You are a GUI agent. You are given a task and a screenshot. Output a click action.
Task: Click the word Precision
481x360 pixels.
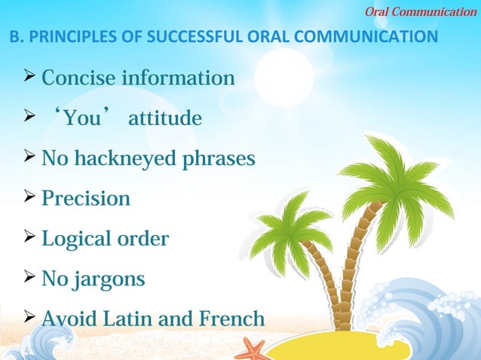[85, 199]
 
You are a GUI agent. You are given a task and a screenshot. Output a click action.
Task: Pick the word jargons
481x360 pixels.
[110, 280]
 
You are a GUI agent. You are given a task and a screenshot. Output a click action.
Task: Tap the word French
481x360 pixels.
[231, 319]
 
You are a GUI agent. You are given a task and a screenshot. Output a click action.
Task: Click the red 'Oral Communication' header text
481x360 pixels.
[421, 11]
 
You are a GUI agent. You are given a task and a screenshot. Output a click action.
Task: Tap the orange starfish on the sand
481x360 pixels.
[252, 349]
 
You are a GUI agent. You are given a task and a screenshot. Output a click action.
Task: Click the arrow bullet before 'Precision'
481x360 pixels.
[29, 198]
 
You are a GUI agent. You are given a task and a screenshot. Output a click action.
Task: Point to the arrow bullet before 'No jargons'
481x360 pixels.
[29, 279]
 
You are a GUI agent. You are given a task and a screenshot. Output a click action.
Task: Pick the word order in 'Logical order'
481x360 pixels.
[143, 239]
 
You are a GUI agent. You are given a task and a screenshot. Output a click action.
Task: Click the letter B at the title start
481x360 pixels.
[13, 36]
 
